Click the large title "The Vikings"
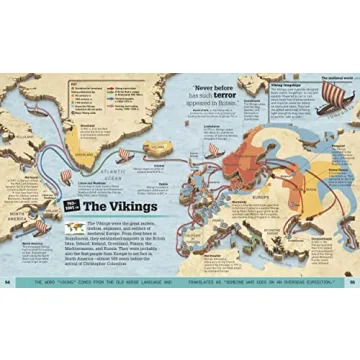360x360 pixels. (x=122, y=207)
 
